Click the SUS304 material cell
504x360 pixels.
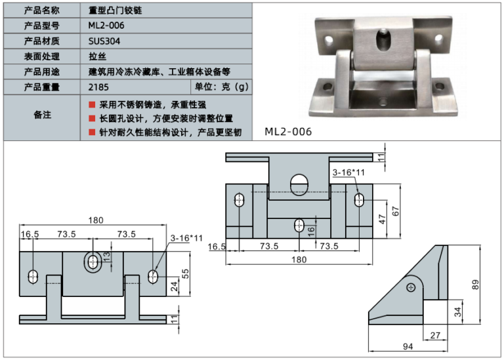tap(104, 41)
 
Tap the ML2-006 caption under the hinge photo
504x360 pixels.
tap(288, 131)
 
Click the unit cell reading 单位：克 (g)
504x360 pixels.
tap(222, 87)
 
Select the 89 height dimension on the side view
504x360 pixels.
tap(476, 284)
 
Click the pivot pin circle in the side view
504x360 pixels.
tap(411, 287)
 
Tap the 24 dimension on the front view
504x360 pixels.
tap(174, 286)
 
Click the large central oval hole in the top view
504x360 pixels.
tap(299, 181)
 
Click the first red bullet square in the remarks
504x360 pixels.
tap(92, 105)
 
